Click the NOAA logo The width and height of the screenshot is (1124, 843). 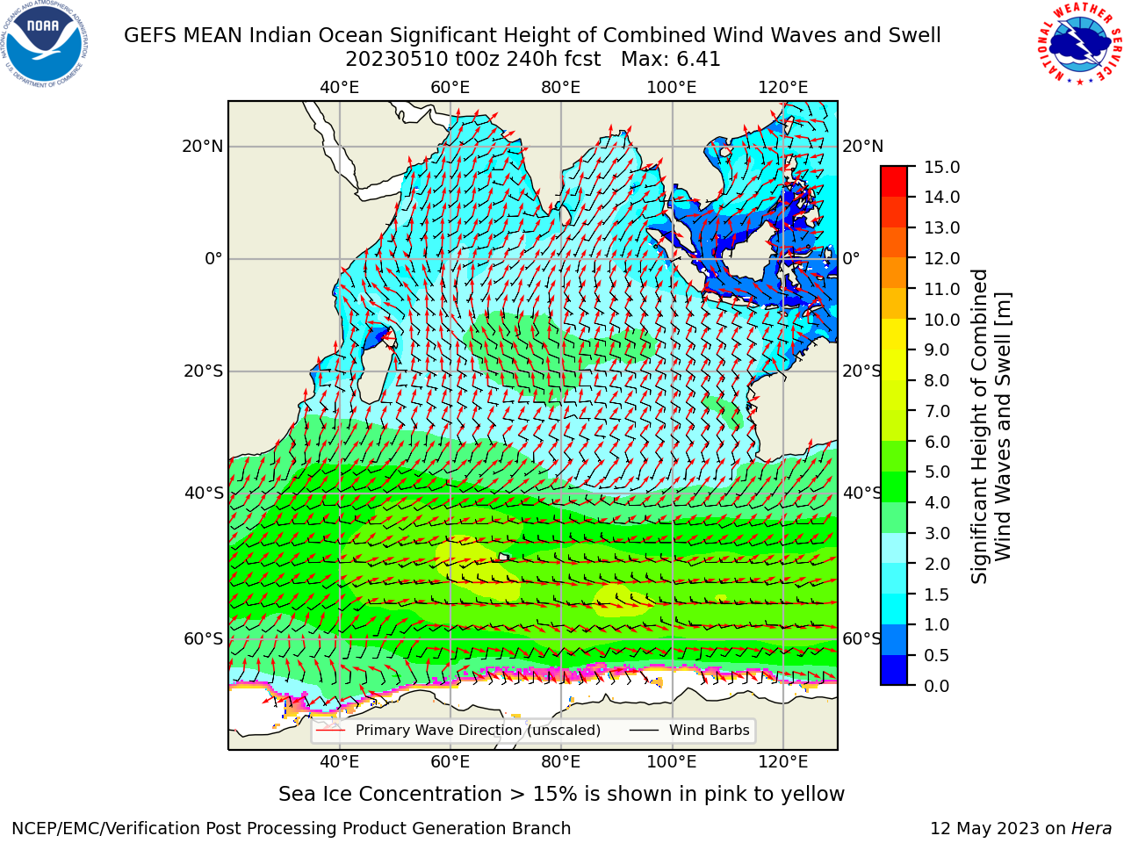pos(45,45)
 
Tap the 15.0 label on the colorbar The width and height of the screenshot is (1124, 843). pos(941,167)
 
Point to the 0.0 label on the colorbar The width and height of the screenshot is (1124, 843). pos(937,686)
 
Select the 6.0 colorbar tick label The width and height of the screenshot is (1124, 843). pos(937,442)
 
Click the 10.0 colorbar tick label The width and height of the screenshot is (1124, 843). pos(941,320)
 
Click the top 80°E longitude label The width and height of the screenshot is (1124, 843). pos(561,88)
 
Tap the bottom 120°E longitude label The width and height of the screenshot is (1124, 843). pos(783,761)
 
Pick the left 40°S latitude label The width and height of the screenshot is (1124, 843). pos(204,493)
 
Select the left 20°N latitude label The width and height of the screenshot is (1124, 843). pos(203,147)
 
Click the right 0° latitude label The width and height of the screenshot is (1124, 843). pos(852,258)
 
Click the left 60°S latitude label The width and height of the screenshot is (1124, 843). pos(204,638)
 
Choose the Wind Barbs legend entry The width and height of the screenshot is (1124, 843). pos(689,730)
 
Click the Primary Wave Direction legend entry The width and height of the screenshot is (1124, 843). pos(458,730)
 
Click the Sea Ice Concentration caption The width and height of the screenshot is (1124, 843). pos(561,794)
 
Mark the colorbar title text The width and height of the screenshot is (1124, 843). pos(991,427)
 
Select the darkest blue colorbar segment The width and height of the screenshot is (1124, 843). pos(894,670)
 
